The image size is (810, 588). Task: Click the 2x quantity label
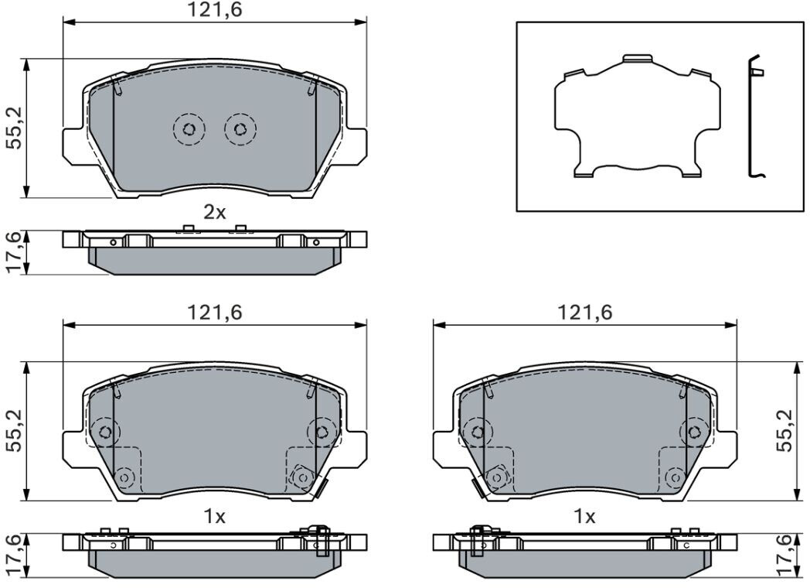214,212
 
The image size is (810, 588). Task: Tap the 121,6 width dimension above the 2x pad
214,9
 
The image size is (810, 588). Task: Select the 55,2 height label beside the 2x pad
15,128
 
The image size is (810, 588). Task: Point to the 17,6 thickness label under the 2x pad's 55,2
15,252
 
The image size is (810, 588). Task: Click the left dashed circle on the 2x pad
189,128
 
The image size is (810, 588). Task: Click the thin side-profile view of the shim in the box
753,116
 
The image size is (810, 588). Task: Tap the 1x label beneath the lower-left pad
214,516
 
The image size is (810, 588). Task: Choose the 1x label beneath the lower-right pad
585,516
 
